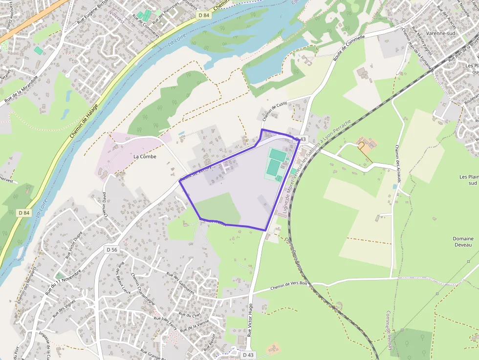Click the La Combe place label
click(x=145, y=156)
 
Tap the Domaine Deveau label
click(x=462, y=242)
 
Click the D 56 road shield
click(x=112, y=250)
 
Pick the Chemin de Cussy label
click(x=274, y=111)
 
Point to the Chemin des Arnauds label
click(x=398, y=164)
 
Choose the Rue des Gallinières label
click(x=181, y=283)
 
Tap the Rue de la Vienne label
click(x=195, y=326)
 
